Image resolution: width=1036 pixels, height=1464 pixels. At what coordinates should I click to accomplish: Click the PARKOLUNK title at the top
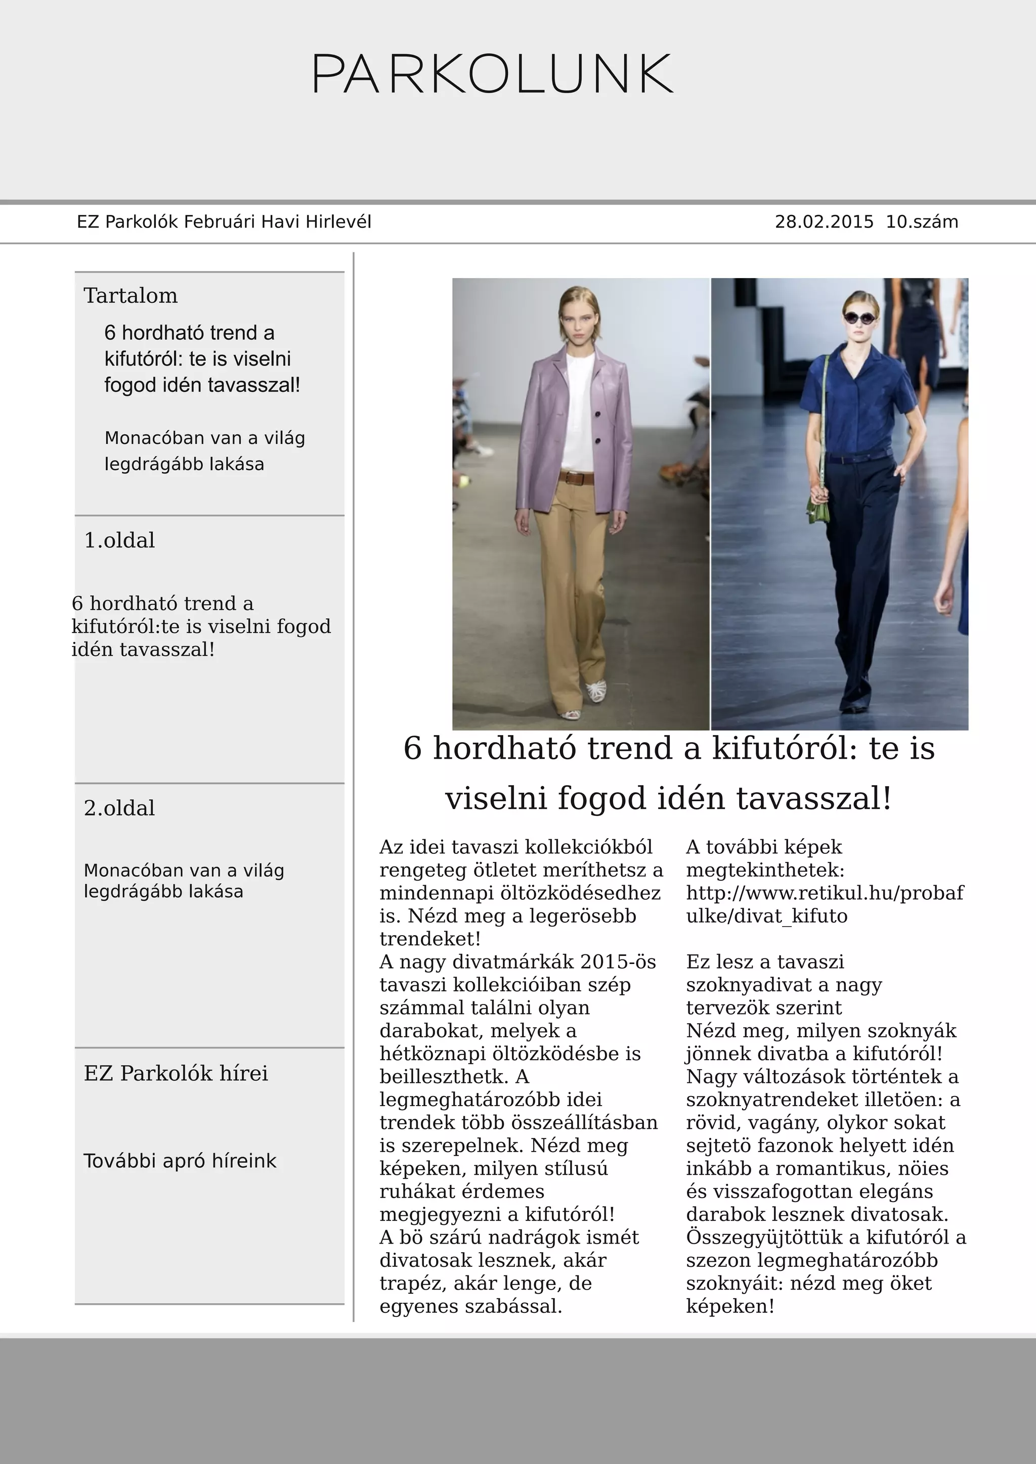(x=493, y=75)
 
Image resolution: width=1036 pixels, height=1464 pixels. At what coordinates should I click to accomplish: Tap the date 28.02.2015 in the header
(x=824, y=222)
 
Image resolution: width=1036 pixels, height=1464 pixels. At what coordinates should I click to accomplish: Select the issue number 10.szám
(x=922, y=222)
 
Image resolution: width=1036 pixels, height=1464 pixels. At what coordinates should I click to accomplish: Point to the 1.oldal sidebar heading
(x=119, y=540)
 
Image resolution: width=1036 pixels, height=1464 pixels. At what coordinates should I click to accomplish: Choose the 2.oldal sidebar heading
(x=119, y=808)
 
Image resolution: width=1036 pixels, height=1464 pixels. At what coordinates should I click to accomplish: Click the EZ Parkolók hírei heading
(x=176, y=1073)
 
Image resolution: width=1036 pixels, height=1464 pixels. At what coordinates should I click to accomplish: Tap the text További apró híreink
(x=180, y=1161)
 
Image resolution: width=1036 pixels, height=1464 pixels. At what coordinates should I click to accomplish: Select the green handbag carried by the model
(x=817, y=510)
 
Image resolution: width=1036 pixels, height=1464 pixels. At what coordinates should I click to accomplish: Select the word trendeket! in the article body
(x=429, y=939)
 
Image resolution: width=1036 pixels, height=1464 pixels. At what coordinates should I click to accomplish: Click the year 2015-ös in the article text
(x=618, y=962)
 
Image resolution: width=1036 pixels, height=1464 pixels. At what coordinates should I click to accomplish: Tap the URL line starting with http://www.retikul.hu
(x=824, y=893)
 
